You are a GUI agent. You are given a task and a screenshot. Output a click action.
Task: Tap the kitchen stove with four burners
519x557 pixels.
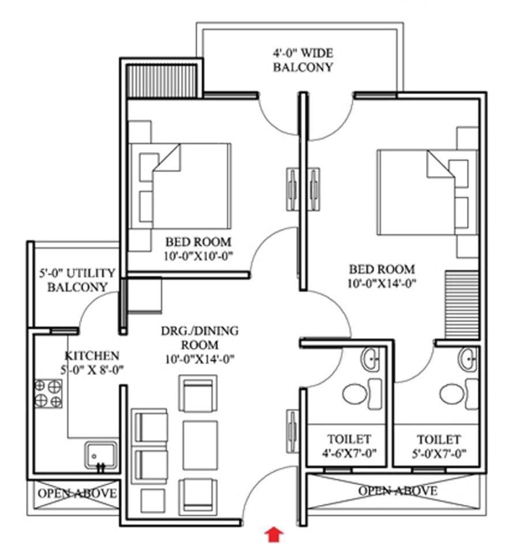48,393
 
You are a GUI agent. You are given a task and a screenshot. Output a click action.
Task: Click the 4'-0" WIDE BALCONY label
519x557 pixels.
302,60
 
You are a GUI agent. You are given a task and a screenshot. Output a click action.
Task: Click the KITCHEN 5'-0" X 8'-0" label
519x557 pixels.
92,362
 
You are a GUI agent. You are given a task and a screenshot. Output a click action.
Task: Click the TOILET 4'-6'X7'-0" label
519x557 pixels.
349,446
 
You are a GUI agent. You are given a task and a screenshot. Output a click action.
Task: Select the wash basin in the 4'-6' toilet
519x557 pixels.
371,360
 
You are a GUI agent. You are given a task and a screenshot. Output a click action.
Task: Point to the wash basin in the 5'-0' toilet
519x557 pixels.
469,360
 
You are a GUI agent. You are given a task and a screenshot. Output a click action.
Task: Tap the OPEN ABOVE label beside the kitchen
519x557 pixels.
77,494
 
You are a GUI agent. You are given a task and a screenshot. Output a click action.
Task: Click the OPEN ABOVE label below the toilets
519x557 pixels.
397,491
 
